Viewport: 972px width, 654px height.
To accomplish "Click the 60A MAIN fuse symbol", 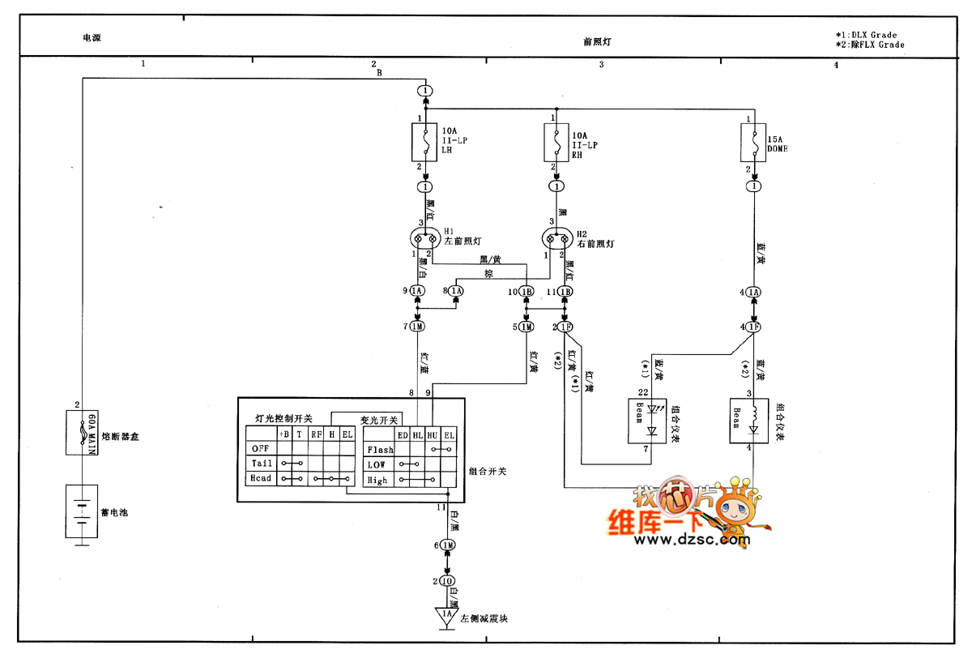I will click(x=81, y=434).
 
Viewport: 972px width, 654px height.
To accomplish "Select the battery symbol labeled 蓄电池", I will click(x=81, y=512).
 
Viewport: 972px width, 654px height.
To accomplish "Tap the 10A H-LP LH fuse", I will click(x=425, y=144).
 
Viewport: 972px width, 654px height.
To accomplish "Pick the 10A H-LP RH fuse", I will click(x=556, y=144).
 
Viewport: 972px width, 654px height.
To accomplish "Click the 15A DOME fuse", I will click(x=754, y=144).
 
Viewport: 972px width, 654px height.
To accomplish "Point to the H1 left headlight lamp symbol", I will click(x=425, y=239).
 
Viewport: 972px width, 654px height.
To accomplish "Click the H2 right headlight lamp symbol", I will click(x=556, y=239).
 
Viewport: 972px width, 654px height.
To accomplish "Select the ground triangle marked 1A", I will click(x=446, y=617).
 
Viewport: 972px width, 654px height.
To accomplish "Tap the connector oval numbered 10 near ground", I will click(x=447, y=581).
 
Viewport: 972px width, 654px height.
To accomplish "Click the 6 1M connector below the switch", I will click(x=447, y=545).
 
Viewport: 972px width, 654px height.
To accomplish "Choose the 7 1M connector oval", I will click(x=418, y=327).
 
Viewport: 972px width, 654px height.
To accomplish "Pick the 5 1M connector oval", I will click(x=526, y=327).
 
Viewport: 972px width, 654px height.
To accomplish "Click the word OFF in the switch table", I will click(x=260, y=448).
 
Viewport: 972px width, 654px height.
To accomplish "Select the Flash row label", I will click(x=380, y=450).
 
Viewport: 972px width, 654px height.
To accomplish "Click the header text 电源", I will click(x=92, y=37).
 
